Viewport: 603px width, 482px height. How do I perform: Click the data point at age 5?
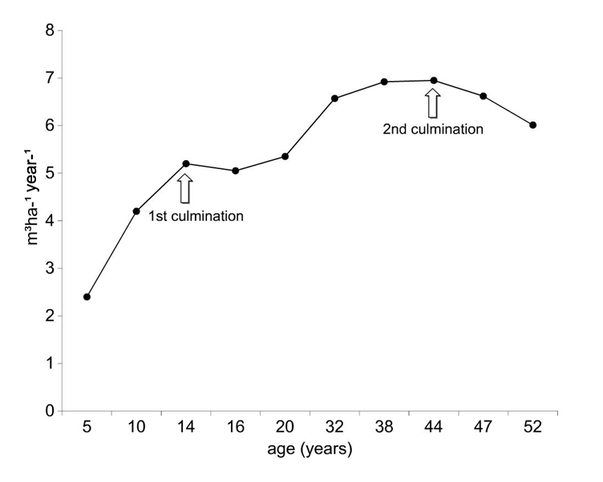click(x=87, y=297)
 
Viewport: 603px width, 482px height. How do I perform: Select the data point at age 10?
click(x=136, y=211)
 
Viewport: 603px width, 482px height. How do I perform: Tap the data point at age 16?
click(x=235, y=171)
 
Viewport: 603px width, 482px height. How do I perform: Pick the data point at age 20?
click(x=285, y=156)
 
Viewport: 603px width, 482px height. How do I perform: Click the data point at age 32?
click(x=334, y=98)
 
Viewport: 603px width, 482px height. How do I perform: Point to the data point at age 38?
click(x=384, y=82)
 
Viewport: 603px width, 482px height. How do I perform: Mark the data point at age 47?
click(x=483, y=96)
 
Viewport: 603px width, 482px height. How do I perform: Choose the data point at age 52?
click(x=532, y=125)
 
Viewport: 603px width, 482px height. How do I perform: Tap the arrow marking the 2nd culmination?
click(x=433, y=102)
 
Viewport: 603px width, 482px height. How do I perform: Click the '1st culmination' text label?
click(x=196, y=215)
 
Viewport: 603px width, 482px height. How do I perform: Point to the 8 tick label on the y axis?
click(x=49, y=31)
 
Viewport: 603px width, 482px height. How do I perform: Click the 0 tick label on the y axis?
click(x=49, y=412)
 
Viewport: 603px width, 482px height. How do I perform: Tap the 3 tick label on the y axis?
click(x=49, y=269)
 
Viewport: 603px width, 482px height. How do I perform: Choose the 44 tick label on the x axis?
click(x=433, y=428)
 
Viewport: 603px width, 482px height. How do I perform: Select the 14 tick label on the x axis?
click(x=186, y=428)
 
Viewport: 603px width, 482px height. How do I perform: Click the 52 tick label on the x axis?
click(x=532, y=428)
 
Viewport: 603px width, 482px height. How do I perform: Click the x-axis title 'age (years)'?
click(x=309, y=450)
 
